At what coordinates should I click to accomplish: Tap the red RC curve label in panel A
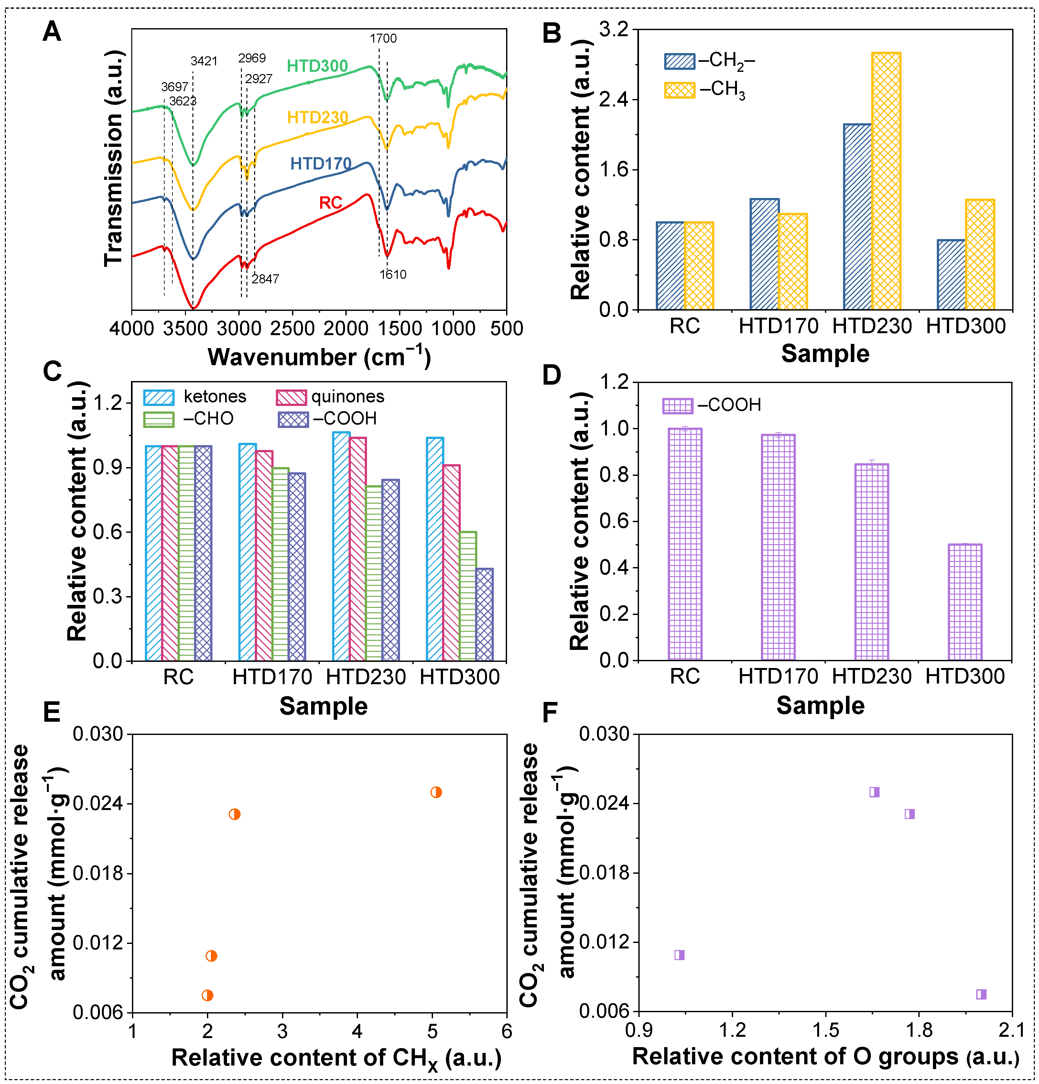(331, 203)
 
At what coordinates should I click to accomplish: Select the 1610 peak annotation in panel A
(393, 274)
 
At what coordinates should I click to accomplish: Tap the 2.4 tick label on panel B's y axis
(614, 100)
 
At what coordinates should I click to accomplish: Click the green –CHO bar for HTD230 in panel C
(374, 573)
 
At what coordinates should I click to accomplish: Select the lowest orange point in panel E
(207, 995)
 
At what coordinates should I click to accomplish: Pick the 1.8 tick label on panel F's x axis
(918, 1030)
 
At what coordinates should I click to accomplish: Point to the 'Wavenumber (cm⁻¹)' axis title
(319, 357)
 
